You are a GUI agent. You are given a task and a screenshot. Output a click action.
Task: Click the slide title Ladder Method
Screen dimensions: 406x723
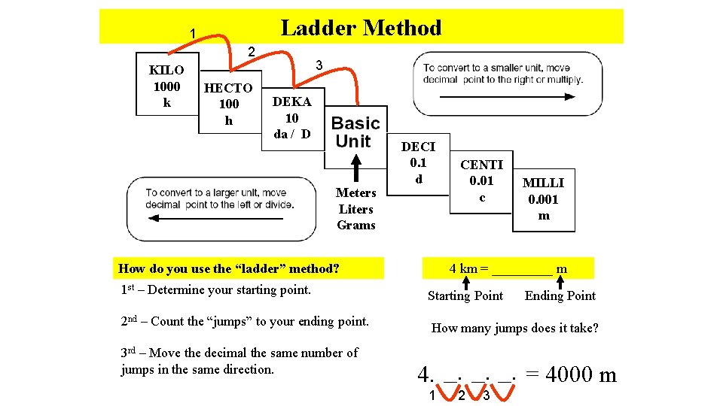361,29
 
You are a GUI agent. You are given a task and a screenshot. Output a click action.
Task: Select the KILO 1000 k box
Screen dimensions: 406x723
166,86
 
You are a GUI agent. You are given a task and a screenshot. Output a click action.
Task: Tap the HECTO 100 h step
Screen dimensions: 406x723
228,104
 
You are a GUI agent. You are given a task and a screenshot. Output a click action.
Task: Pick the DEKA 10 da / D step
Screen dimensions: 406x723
292,118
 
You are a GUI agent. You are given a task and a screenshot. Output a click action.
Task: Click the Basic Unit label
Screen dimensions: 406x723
355,132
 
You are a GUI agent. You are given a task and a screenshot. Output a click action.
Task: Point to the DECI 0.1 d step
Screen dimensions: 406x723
418,162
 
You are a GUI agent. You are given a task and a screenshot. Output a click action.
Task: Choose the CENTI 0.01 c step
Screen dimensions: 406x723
482,180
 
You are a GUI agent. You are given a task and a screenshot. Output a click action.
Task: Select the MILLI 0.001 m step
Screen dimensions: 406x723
544,198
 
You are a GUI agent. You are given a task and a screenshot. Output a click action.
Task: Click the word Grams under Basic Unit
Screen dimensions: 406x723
356,226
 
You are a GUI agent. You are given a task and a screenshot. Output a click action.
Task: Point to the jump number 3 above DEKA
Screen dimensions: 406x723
319,65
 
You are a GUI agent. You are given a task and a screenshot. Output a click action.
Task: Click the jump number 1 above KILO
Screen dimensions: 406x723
193,34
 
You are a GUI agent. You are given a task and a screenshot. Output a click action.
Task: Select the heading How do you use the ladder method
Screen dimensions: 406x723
229,268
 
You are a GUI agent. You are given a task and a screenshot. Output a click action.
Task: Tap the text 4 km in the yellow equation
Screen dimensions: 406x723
463,268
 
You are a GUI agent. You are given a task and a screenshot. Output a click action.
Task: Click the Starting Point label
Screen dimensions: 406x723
465,295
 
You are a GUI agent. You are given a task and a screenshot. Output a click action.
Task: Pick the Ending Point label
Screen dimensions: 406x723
560,295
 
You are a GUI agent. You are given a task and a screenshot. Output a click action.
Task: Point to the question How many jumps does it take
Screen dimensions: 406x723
515,328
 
